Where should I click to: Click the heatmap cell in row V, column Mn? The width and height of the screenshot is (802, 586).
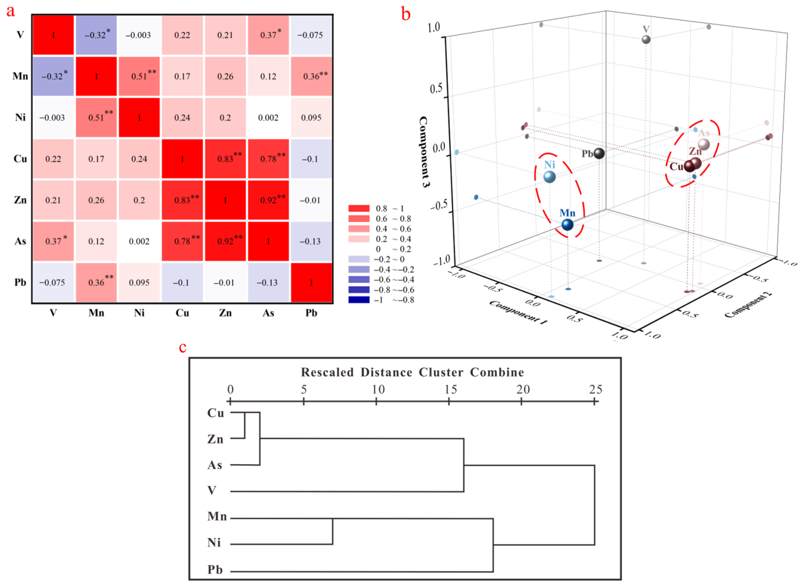96,35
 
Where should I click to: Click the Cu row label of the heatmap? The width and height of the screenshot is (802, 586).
20,159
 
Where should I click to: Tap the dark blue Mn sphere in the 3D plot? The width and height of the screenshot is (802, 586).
567,225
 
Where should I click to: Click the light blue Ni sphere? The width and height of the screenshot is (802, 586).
549,177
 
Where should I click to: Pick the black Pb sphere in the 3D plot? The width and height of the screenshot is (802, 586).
599,154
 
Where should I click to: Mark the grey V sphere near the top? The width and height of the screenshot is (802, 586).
646,39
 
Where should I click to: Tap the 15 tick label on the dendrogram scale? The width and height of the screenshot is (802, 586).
451,389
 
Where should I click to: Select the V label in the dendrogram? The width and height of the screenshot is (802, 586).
212,491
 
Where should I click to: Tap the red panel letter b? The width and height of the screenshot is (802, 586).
406,14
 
